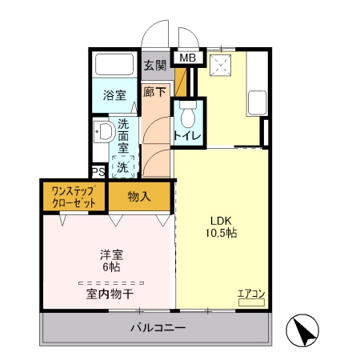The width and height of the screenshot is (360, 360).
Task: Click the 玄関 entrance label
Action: pos(155,66)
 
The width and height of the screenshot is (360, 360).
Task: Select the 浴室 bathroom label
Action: pos(114,96)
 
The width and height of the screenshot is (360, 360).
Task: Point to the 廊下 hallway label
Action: pos(155,92)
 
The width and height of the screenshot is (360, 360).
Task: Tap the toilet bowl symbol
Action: pos(188,117)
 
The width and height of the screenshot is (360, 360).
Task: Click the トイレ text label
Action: pos(187,136)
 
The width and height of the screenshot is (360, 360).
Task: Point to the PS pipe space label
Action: pos(98,172)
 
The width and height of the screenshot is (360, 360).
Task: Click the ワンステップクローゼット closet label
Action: pos(74,197)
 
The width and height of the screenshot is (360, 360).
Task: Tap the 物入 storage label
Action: pos(140,196)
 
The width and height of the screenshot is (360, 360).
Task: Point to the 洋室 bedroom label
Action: pos(111,255)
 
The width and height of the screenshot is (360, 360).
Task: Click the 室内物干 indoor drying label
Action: pos(110,295)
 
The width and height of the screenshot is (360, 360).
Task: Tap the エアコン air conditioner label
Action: pos(251,293)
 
